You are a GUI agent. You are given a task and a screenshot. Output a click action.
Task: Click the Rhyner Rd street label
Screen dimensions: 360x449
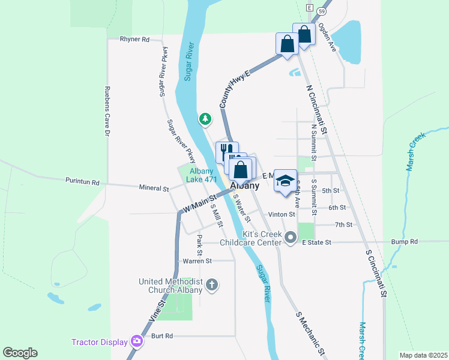134,39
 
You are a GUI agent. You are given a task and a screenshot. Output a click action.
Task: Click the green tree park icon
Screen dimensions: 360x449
205,119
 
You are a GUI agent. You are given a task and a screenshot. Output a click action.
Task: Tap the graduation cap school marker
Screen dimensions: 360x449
286,180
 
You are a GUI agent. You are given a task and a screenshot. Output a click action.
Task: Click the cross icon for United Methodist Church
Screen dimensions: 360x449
211,284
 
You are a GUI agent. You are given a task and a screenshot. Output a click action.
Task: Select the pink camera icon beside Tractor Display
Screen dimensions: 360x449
137,341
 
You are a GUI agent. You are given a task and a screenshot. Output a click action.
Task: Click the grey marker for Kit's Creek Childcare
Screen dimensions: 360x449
291,238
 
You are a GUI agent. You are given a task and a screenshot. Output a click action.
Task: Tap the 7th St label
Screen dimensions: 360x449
343,224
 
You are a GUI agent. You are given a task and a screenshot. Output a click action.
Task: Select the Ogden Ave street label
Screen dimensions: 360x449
327,37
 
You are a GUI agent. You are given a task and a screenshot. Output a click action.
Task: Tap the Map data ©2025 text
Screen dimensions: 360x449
423,355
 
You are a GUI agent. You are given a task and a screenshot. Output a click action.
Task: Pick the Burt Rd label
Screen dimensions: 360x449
162,336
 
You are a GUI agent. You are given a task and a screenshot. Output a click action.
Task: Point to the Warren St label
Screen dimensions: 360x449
196,261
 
